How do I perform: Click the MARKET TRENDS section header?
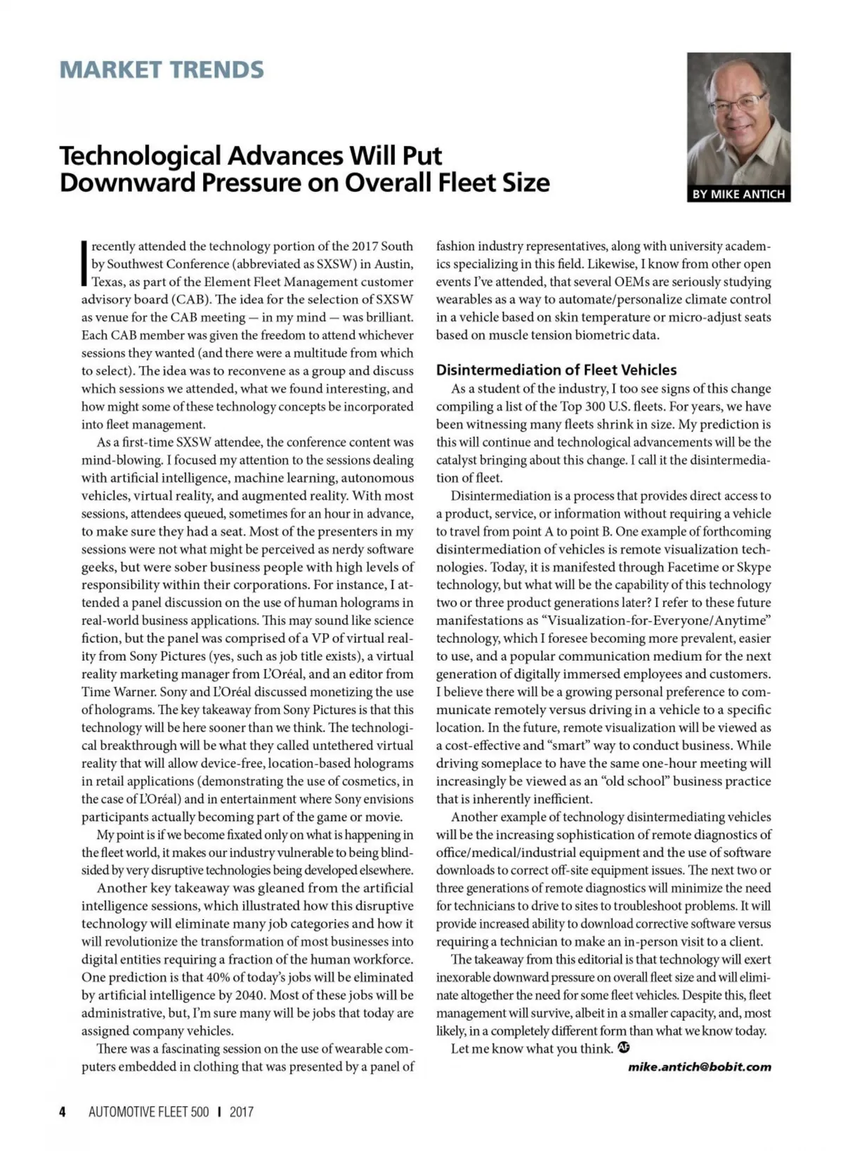162,70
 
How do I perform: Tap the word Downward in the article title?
126,183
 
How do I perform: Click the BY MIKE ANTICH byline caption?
738,194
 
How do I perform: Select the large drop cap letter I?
84,264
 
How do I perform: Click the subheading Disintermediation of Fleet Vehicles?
556,370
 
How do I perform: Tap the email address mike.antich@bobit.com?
699,1067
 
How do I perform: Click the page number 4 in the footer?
63,1112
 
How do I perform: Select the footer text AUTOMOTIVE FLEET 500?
149,1112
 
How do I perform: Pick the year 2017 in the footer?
241,1112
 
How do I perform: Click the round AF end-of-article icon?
623,1048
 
